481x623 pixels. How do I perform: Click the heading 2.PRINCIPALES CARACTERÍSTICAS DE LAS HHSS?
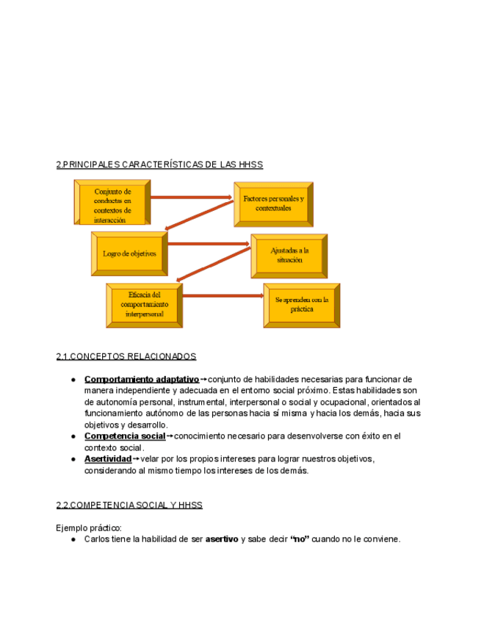point(159,165)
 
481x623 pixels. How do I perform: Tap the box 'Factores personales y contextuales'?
point(273,204)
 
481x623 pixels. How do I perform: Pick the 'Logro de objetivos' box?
point(129,253)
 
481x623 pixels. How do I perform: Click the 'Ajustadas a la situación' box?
point(289,255)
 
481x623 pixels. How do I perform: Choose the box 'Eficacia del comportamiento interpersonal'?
point(144,304)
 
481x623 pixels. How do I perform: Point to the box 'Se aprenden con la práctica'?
point(302,304)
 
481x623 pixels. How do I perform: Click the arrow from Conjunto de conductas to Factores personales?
point(192,197)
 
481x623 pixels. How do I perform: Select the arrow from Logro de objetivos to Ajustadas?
point(209,243)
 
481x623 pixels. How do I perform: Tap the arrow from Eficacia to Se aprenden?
point(223,295)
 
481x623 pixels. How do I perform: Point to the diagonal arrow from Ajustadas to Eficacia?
point(213,264)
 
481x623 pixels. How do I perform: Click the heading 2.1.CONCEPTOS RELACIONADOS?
point(126,356)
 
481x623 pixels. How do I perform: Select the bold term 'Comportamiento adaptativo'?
point(142,380)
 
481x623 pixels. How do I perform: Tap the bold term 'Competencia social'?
point(125,436)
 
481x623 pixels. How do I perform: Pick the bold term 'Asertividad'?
point(108,459)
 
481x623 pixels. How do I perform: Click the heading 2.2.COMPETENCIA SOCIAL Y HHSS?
point(129,505)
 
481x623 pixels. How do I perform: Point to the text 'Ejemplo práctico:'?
point(89,527)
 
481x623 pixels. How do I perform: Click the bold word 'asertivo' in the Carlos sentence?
point(222,539)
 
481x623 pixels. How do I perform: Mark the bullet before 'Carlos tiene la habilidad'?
point(74,539)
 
